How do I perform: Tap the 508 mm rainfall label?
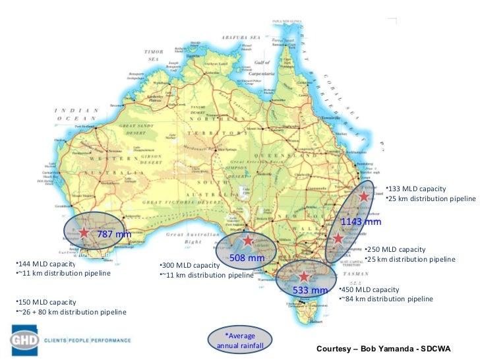[x=246, y=257]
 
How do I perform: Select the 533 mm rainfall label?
[x=310, y=290]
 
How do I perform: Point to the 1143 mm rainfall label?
[x=361, y=222]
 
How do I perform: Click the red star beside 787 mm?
[x=84, y=232]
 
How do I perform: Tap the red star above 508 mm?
[x=248, y=241]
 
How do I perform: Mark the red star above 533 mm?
[x=303, y=276]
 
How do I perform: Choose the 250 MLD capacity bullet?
[x=396, y=250]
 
